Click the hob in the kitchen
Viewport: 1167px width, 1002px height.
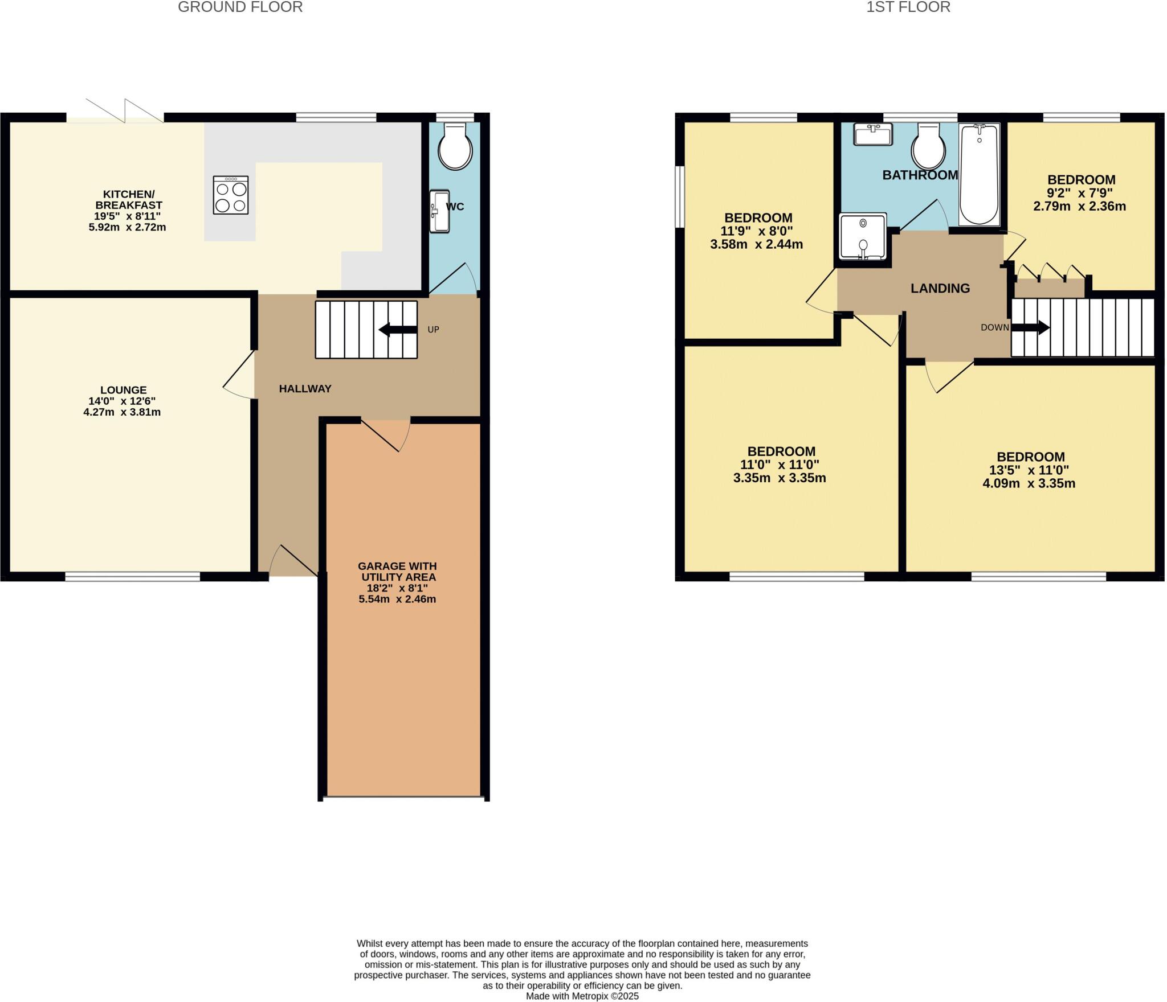click(231, 195)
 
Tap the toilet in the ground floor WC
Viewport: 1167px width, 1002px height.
click(455, 148)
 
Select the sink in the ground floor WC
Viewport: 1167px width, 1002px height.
click(439, 211)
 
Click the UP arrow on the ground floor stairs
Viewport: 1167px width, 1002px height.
click(398, 330)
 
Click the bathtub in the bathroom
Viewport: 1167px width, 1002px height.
click(980, 175)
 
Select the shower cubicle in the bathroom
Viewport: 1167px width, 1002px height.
click(863, 236)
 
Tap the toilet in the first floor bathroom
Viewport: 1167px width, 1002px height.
click(928, 147)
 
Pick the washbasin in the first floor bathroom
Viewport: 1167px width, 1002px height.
click(872, 134)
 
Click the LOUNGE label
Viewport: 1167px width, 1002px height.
click(123, 390)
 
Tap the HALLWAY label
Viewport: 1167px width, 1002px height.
click(305, 389)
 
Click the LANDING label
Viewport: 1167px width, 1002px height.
click(940, 289)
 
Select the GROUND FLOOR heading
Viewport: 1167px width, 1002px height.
click(240, 7)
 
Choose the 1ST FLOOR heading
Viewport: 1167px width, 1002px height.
click(908, 7)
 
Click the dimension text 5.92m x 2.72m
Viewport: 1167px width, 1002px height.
click(127, 228)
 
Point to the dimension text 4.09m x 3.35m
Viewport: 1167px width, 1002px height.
click(1029, 484)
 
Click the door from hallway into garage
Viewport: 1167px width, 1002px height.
click(386, 434)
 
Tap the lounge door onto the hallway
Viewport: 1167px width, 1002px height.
click(239, 374)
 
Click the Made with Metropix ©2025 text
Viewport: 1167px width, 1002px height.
click(582, 996)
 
